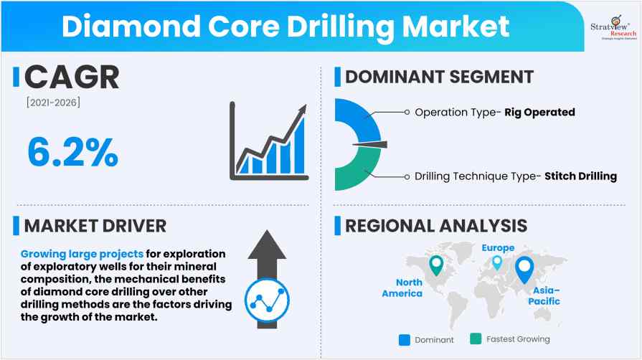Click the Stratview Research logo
613,27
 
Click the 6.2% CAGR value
73,152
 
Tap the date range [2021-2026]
53,103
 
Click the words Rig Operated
539,112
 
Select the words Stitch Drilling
580,176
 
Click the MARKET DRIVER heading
95,226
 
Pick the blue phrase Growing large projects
82,254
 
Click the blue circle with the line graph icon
267,300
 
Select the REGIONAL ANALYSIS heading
436,226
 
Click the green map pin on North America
436,264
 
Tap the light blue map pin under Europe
497,262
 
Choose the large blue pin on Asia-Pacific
524,268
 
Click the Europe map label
498,248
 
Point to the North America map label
402,288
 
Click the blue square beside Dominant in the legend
405,340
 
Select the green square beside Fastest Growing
476,338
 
